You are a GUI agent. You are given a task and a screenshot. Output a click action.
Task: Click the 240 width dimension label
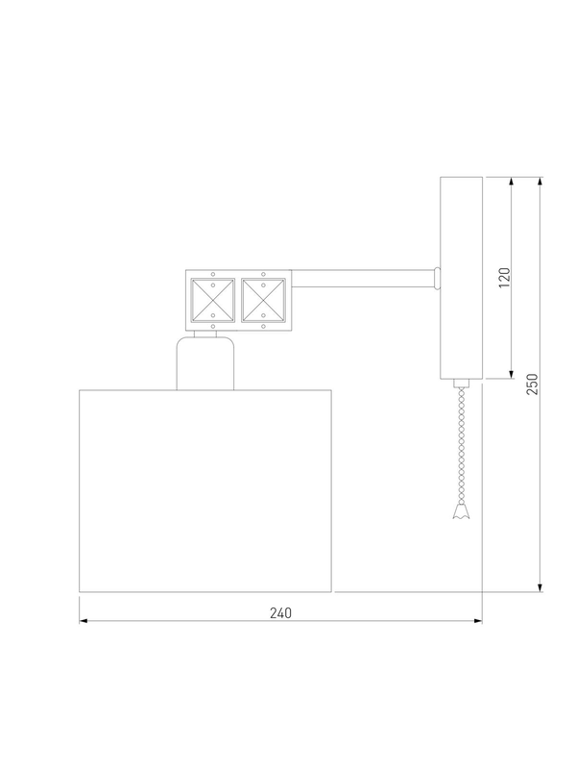[x=280, y=613]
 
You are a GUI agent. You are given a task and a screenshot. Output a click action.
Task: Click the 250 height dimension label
[x=533, y=384]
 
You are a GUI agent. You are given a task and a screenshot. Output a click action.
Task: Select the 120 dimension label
[x=504, y=278]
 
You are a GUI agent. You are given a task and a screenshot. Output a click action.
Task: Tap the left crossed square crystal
[x=212, y=300]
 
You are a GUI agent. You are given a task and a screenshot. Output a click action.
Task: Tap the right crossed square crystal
[x=263, y=300]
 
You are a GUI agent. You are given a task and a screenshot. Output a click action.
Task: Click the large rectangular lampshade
[x=205, y=490]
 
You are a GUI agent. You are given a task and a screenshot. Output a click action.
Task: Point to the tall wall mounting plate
[x=461, y=278]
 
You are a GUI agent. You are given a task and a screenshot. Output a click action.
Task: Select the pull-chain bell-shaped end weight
[x=461, y=510]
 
